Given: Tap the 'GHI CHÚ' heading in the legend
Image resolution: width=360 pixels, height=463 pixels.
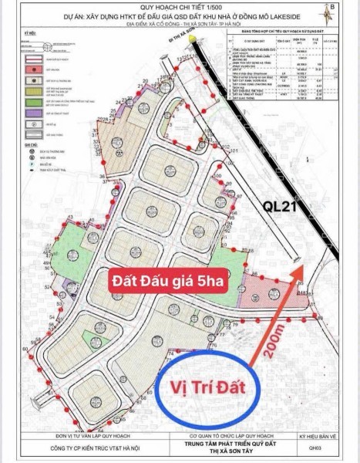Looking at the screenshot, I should (30, 143).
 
